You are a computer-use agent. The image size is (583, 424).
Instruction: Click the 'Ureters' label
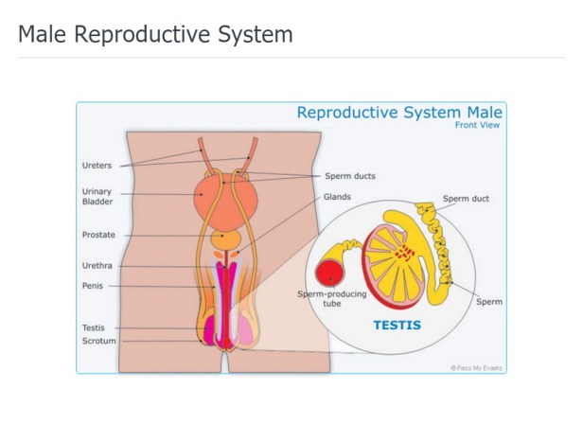(x=97, y=165)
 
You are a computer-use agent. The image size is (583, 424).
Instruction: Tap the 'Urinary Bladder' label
(x=97, y=196)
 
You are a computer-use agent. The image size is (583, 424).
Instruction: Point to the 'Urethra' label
(x=97, y=266)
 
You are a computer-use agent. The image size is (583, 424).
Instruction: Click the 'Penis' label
(x=93, y=286)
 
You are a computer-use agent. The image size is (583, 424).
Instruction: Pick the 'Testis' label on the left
(x=95, y=327)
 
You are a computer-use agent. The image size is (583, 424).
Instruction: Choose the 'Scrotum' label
(x=99, y=341)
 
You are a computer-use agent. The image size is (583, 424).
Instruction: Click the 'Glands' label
(x=338, y=197)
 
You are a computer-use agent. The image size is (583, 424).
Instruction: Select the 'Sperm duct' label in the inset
(x=466, y=200)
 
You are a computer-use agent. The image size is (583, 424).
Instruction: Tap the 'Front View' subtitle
(x=479, y=125)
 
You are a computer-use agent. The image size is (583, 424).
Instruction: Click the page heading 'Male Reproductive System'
(x=155, y=35)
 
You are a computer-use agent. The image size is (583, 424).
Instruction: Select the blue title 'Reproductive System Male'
(x=399, y=113)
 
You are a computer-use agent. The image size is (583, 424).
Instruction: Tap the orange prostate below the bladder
(x=225, y=239)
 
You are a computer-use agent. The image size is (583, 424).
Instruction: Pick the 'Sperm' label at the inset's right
(x=489, y=302)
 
